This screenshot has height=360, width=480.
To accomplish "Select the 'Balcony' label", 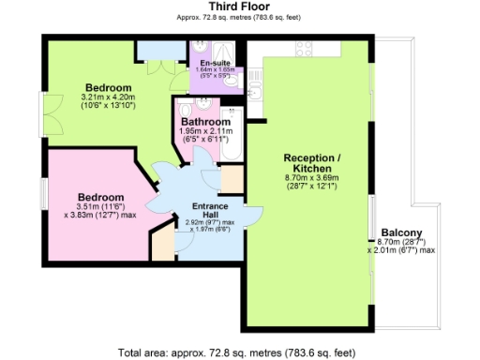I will click(401, 232).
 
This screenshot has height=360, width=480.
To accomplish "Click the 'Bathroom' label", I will click(204, 122).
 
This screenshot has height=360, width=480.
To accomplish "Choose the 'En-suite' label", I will click(203, 63).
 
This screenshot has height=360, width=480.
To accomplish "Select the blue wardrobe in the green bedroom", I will click(152, 50).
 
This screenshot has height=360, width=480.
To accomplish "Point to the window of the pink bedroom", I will click(41, 196).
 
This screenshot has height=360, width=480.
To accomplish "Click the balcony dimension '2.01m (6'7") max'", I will click(401, 250).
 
